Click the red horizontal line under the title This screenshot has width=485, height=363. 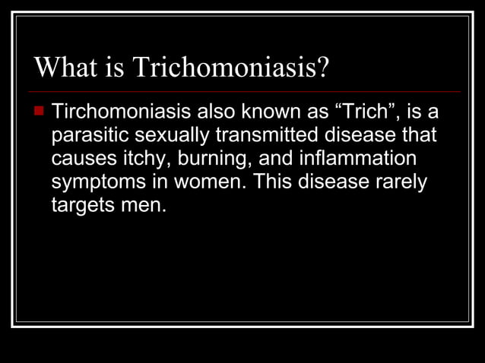pos(243,91)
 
